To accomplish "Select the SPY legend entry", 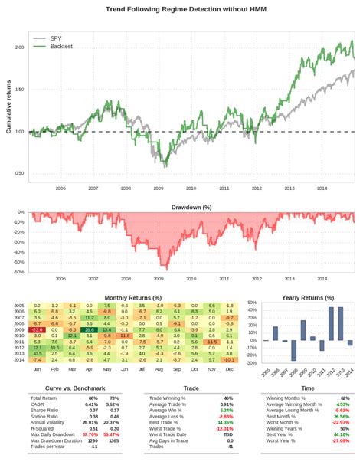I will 56,38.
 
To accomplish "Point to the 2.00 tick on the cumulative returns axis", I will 19,47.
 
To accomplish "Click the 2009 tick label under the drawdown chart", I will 159,279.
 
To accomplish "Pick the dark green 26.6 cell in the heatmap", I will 89,329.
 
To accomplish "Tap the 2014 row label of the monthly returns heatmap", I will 20,359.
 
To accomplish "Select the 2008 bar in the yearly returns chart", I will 293,350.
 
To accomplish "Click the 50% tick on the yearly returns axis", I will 252,303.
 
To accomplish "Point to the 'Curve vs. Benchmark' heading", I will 65,388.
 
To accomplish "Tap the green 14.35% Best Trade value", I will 224,422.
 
